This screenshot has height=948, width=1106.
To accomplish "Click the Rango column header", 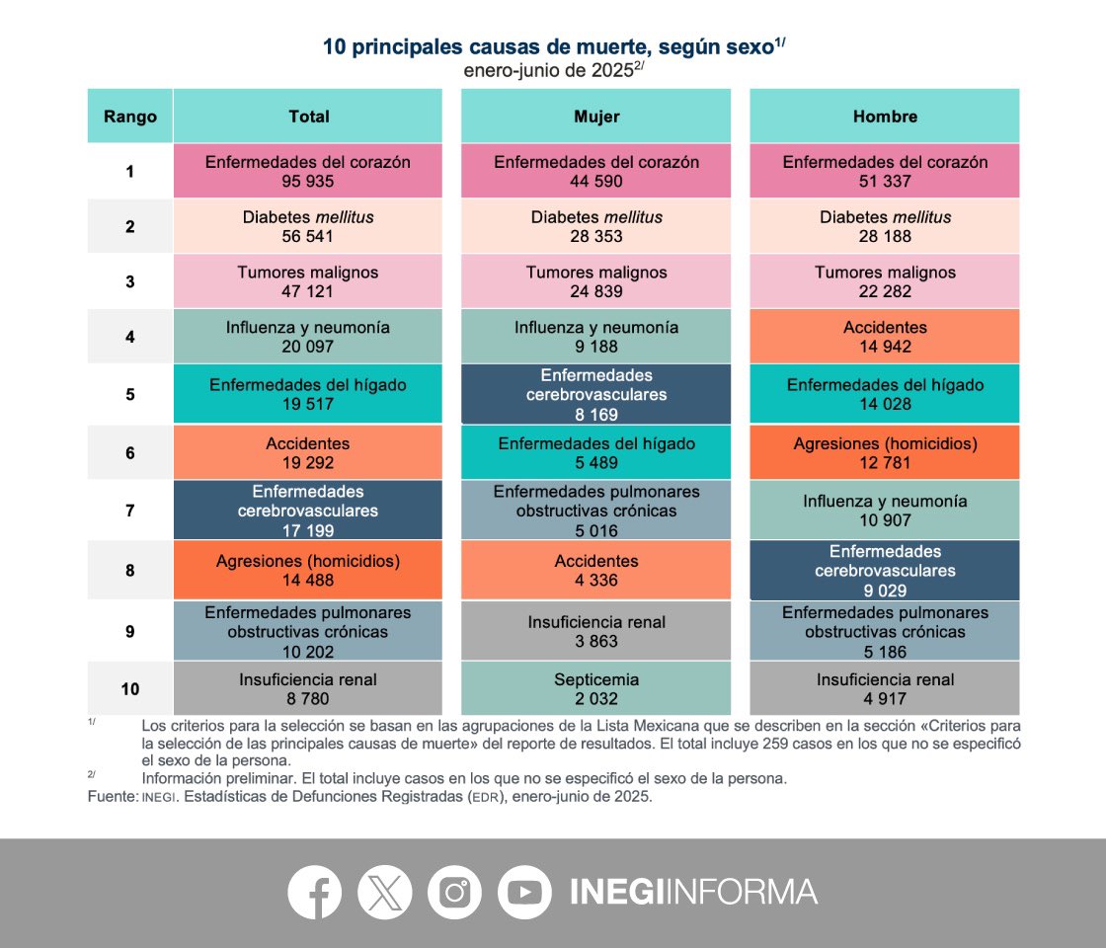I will click(130, 117).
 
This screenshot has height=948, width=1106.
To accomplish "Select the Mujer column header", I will click(596, 117).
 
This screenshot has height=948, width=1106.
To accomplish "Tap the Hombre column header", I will click(885, 117).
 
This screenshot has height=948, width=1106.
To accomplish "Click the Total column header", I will click(308, 117).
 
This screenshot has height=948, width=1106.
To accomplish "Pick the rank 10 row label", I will click(130, 688).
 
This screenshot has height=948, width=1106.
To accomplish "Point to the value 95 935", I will click(308, 182).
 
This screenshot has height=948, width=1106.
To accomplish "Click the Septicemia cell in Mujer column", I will click(596, 688).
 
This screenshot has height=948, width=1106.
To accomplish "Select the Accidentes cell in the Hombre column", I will click(885, 337).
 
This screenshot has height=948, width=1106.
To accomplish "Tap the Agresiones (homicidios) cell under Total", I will click(308, 570).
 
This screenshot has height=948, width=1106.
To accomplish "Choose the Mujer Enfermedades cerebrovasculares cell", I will click(596, 394).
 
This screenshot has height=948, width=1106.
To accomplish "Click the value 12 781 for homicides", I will click(885, 463).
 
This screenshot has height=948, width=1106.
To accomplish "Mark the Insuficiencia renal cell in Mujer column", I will click(596, 631).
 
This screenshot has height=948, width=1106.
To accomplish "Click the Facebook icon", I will click(314, 892).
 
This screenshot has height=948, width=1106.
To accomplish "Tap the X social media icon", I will click(384, 892).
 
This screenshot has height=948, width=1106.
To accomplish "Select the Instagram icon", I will click(454, 892).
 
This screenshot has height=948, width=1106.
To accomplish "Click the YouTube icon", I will click(524, 892).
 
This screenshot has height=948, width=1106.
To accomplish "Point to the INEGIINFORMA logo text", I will click(693, 892).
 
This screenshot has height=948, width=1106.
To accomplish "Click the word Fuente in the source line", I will click(111, 796).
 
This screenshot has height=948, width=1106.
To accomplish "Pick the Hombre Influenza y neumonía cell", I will click(885, 511).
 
